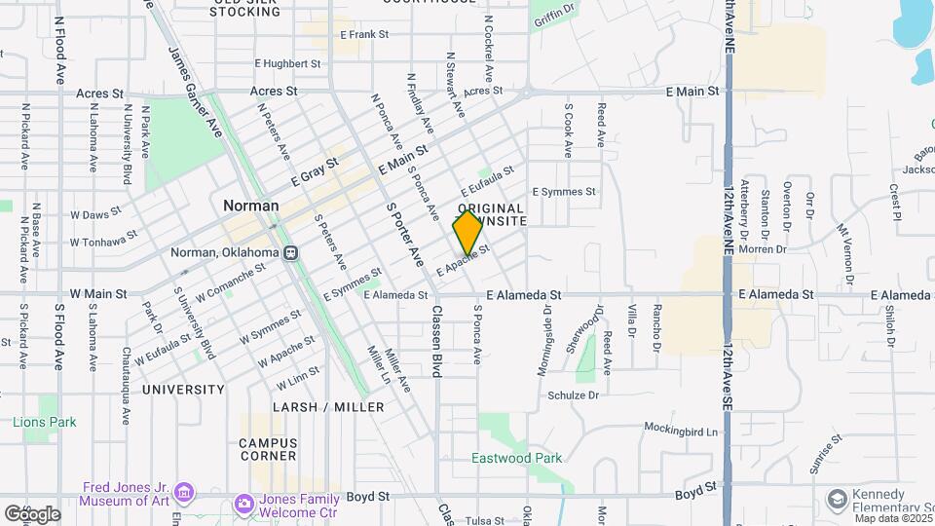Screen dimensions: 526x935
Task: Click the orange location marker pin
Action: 467,233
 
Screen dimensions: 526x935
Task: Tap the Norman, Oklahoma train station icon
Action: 290,252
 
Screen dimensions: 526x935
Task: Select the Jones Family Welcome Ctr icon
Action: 243,503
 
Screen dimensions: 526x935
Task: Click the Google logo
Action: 31,513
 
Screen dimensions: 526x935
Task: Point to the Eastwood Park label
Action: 517,458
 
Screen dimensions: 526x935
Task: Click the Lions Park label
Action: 44,422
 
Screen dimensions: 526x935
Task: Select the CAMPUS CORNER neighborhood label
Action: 268,449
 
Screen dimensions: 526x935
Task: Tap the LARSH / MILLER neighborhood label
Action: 328,407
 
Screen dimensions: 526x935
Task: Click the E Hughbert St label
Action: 287,63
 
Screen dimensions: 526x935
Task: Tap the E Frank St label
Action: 363,34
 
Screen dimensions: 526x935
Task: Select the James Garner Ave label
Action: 191,78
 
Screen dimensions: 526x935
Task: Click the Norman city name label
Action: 251,206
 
